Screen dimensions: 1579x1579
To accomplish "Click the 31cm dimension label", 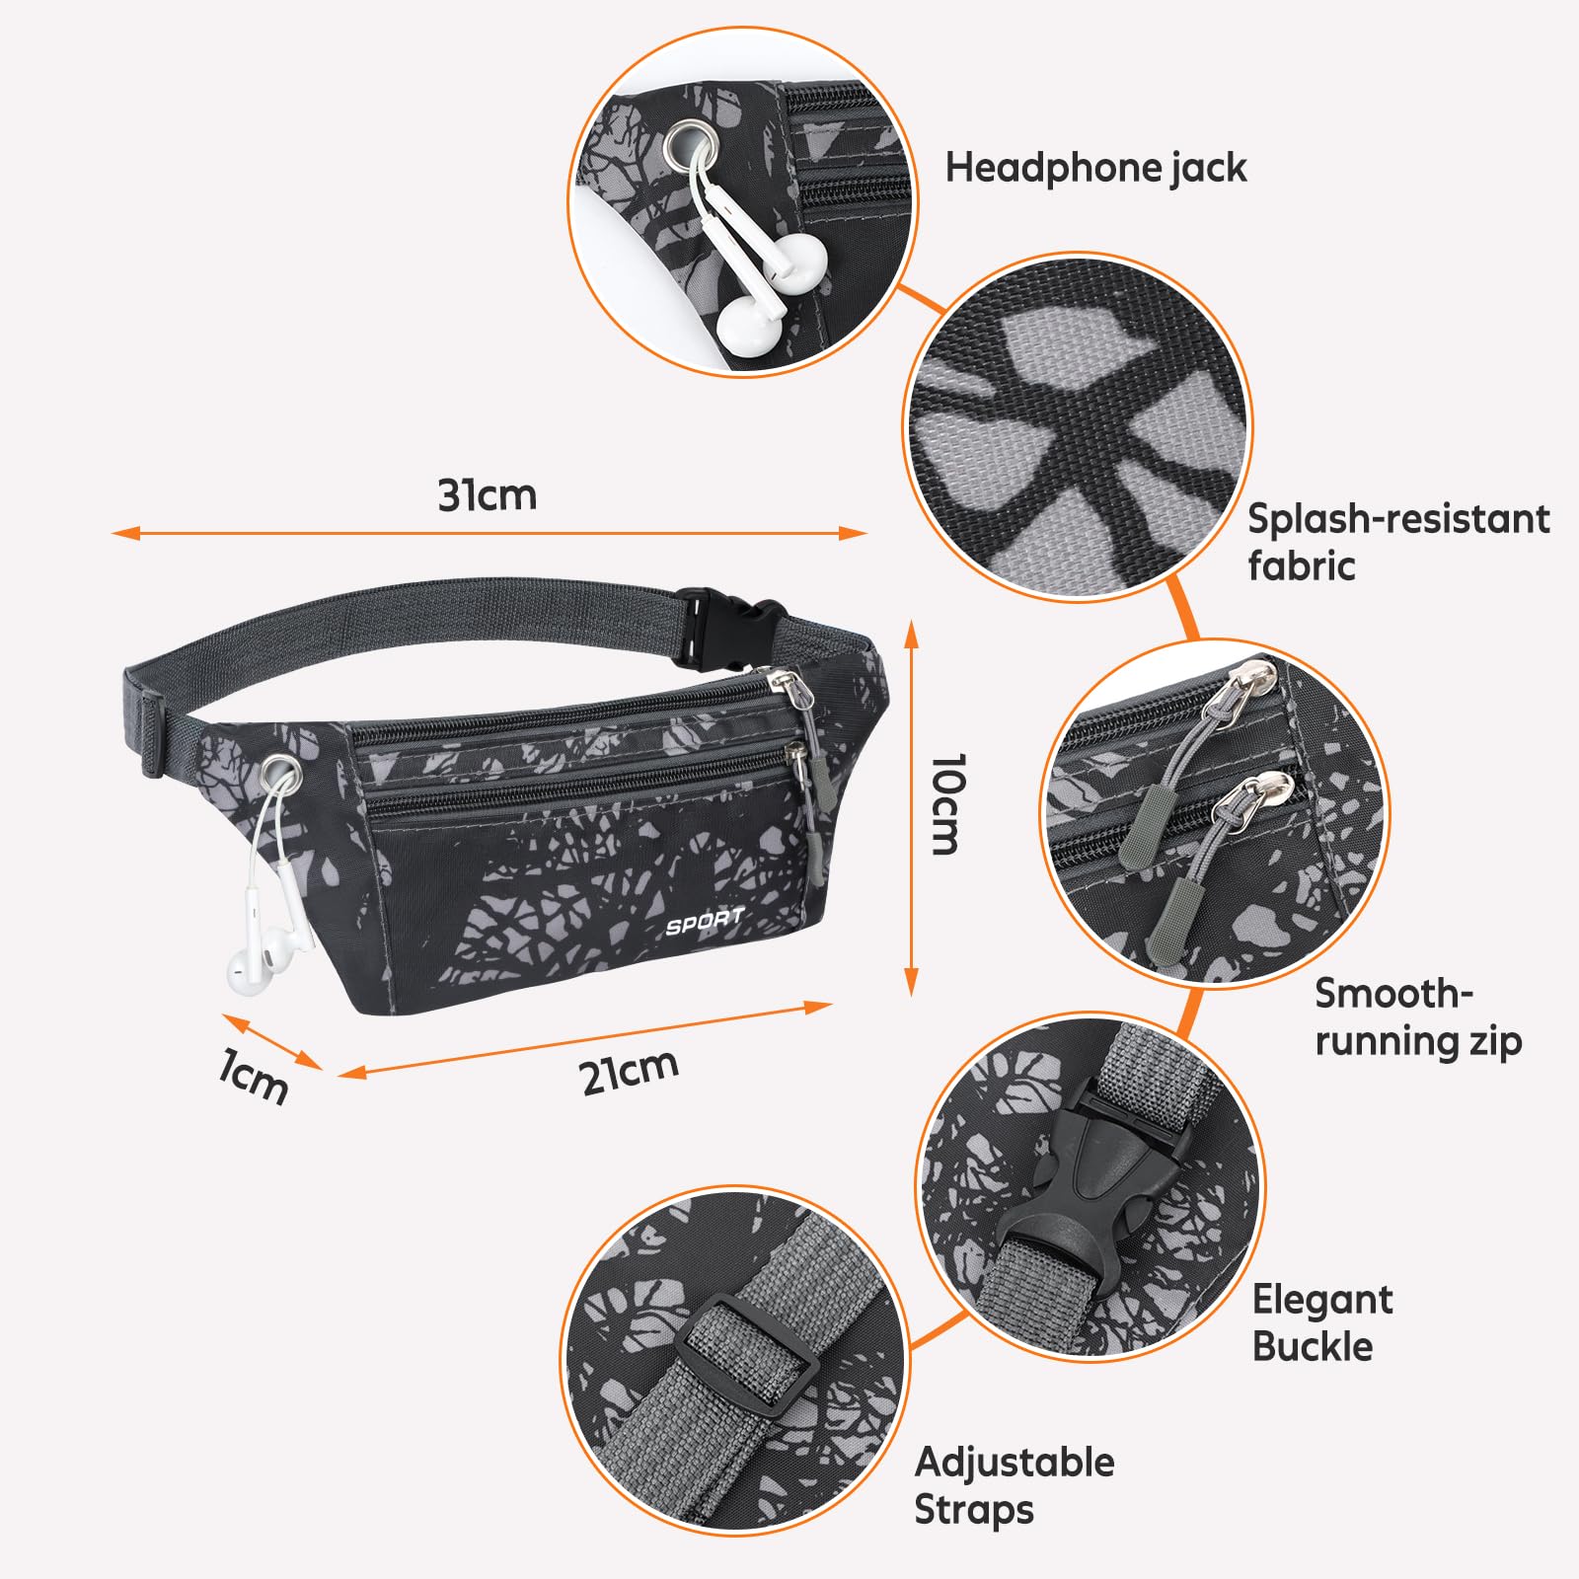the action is tap(488, 495).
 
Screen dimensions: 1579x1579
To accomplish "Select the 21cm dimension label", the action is tap(630, 1072).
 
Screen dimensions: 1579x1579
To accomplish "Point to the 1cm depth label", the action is tap(254, 1078).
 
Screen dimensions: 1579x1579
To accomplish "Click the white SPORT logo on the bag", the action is tap(705, 922).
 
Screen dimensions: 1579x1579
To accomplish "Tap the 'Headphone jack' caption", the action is tap(1095, 168).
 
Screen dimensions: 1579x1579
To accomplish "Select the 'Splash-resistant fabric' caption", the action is tap(1398, 542).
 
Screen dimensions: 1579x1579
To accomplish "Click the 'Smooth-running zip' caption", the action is tap(1418, 1017).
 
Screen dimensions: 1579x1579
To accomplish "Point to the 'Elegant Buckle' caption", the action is tap(1321, 1322).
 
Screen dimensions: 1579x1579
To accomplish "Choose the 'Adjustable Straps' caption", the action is tap(1014, 1485).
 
